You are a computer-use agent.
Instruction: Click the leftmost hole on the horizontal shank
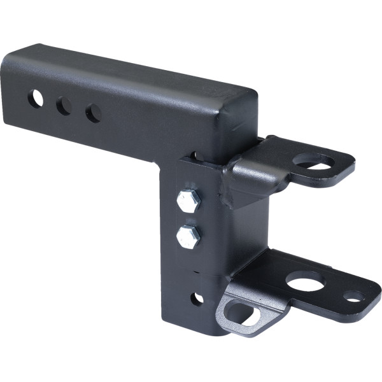pos(35,99)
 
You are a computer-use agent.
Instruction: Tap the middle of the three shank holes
pos(64,106)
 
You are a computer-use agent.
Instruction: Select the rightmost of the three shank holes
pos(94,113)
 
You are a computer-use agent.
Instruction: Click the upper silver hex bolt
pos(188,201)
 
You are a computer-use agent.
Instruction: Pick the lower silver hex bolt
pos(188,237)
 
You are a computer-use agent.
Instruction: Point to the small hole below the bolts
pos(197,298)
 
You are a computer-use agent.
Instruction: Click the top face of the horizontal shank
pos(127,70)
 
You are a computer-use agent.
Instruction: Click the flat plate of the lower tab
pos(280,271)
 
